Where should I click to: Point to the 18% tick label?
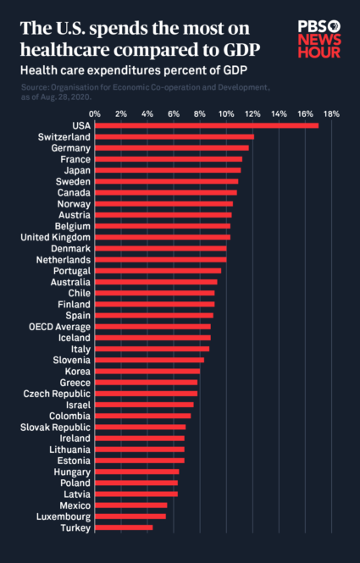[x=330, y=113]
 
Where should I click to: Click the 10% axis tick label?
[x=225, y=113]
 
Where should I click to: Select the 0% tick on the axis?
[x=95, y=113]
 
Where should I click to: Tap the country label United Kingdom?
[x=54, y=237]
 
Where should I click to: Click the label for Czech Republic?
[x=58, y=393]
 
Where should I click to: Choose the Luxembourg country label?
[x=63, y=516]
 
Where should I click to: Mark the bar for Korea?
[x=147, y=371]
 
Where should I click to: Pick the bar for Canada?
[x=165, y=192]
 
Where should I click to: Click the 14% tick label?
[x=278, y=113]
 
